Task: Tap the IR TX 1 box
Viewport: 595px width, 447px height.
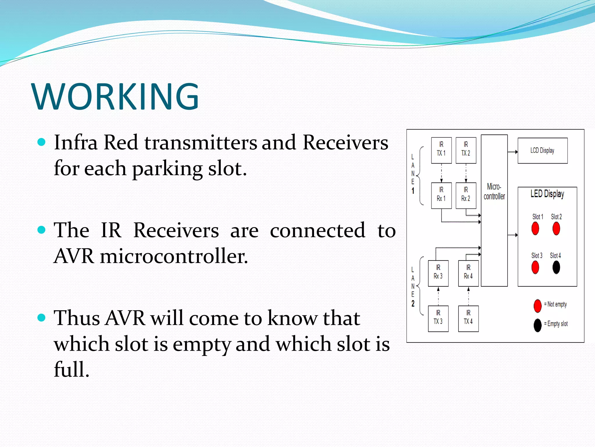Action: coord(441,150)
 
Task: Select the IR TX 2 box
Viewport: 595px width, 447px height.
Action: coord(466,150)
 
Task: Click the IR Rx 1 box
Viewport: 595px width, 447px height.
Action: coord(441,196)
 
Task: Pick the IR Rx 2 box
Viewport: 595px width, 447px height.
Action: coord(466,196)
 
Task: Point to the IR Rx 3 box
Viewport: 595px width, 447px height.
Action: coord(438,273)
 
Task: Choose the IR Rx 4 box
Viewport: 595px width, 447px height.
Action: coord(468,273)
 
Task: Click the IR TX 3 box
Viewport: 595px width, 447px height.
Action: coord(438,319)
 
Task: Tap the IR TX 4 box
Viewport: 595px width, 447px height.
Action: coord(468,319)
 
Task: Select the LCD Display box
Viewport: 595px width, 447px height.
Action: coord(542,150)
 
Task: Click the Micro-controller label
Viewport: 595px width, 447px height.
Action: coord(494,191)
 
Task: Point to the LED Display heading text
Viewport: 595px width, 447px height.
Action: coord(547,194)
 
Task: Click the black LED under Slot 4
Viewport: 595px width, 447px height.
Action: coord(556,267)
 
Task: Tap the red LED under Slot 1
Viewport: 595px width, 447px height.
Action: coord(535,228)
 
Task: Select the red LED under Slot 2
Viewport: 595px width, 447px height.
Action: coord(556,228)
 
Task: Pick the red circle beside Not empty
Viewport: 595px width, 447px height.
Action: coord(537,306)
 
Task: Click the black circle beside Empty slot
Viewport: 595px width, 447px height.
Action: coord(537,325)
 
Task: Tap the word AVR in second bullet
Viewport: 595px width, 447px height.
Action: coord(74,256)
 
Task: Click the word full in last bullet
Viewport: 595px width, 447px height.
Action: coord(71,369)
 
